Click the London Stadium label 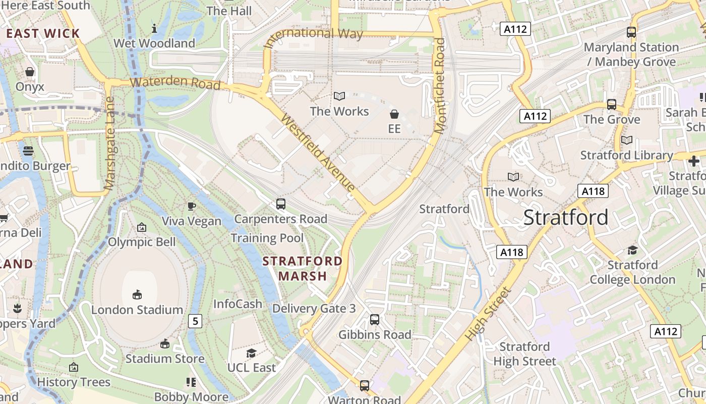coord(137,310)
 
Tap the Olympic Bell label coord(142,242)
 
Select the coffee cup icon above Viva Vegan coord(192,206)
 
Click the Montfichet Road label coord(440,86)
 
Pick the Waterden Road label coord(175,82)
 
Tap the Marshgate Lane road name coord(109,143)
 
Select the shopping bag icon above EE coord(394,115)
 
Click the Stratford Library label coord(626,155)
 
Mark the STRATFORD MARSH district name coord(303,269)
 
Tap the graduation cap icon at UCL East coord(251,353)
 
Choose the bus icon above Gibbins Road coord(375,319)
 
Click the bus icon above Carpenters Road coord(281,204)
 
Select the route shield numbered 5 coord(196,321)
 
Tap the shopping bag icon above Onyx coord(30,72)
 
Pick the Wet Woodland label coord(154,43)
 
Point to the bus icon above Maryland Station coord(631,32)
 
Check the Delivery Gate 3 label coord(314,309)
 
